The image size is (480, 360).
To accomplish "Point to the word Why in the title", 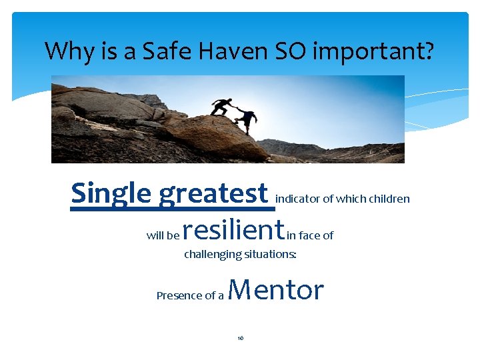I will point(66,51).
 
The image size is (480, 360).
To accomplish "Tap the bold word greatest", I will point(213,193).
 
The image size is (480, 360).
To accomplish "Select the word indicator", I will point(298,199).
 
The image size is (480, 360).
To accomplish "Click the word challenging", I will point(213,255).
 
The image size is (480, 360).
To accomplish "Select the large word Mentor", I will point(276,290).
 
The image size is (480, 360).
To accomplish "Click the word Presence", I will point(175,295).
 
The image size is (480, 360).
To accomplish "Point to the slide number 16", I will point(241,338).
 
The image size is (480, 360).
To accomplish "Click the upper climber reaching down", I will point(221,106).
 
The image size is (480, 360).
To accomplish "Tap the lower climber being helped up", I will point(247,119).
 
